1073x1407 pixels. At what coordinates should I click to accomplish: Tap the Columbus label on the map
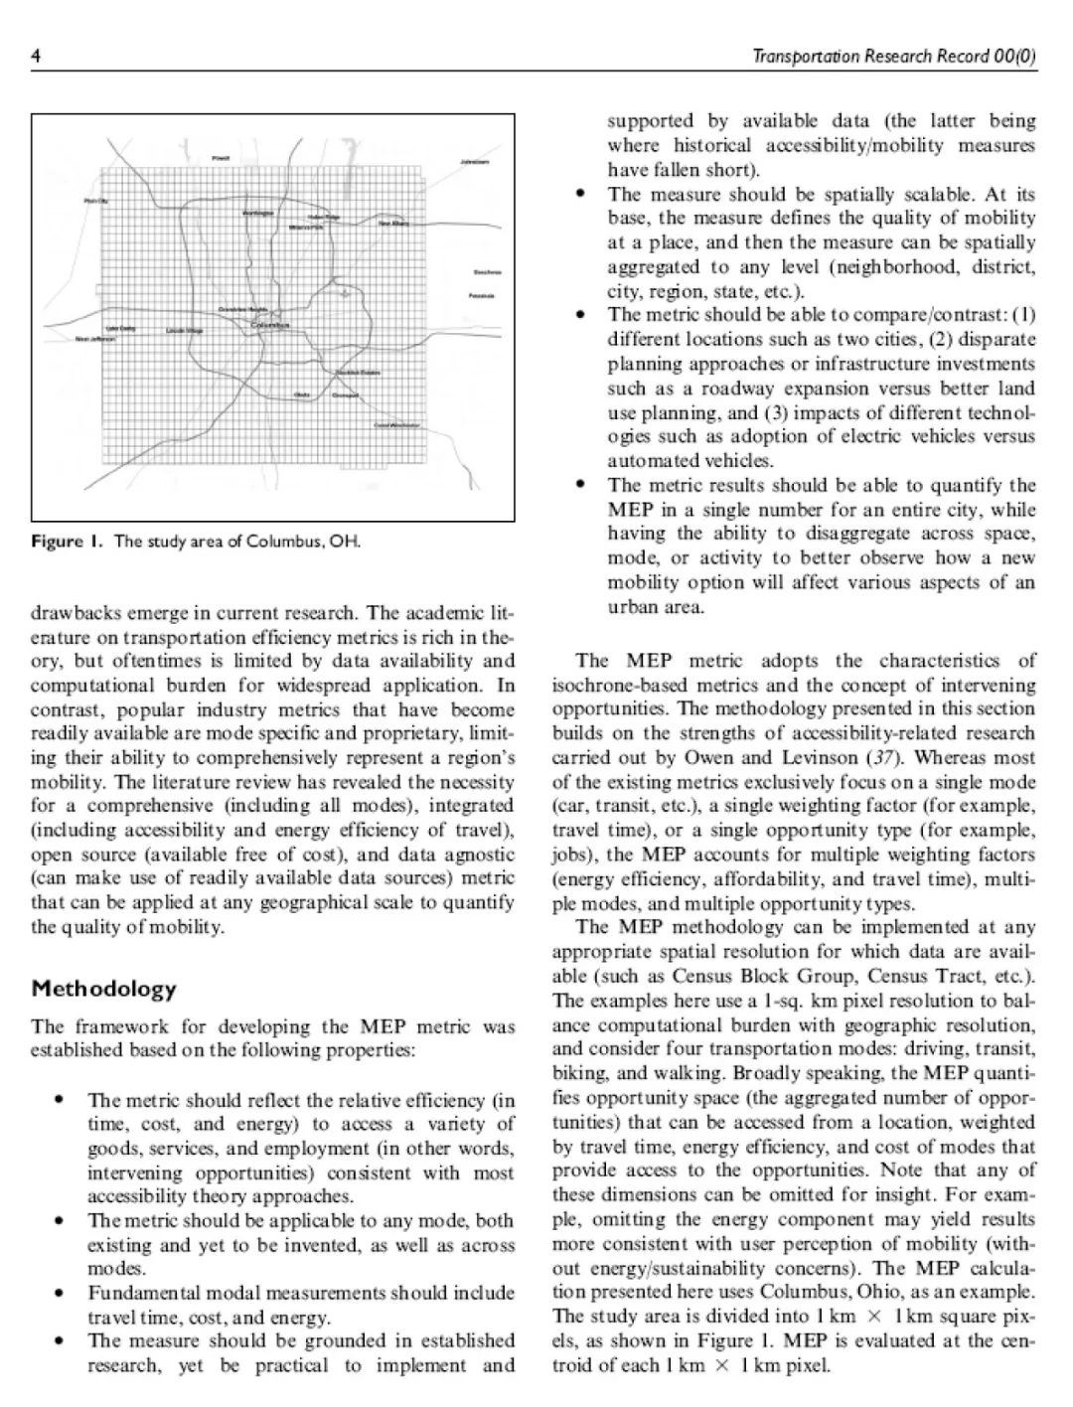point(268,325)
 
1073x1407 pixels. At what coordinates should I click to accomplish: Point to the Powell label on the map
point(221,158)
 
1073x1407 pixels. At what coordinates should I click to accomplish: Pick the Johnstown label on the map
point(474,161)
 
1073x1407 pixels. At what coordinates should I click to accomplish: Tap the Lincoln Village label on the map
point(185,330)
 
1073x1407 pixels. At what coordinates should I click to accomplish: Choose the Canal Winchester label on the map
point(395,424)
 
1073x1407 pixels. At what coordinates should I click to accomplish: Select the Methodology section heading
point(103,989)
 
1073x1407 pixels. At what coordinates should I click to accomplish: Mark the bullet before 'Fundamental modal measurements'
point(63,1294)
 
